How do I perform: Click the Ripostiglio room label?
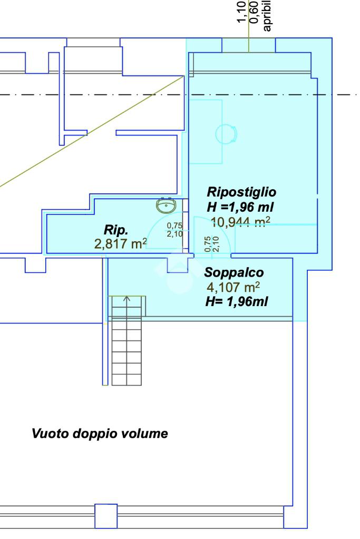(241, 191)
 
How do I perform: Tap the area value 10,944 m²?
(240, 222)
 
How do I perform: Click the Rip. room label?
(116, 230)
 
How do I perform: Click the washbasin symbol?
(167, 205)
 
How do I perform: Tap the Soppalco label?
(234, 273)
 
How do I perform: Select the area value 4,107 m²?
(233, 287)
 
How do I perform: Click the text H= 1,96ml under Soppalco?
(237, 301)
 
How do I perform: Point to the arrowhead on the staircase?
(127, 299)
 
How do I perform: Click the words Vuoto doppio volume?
(100, 434)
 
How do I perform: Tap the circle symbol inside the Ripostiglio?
(226, 133)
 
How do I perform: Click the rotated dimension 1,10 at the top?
(242, 14)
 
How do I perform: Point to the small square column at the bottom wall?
(105, 515)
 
